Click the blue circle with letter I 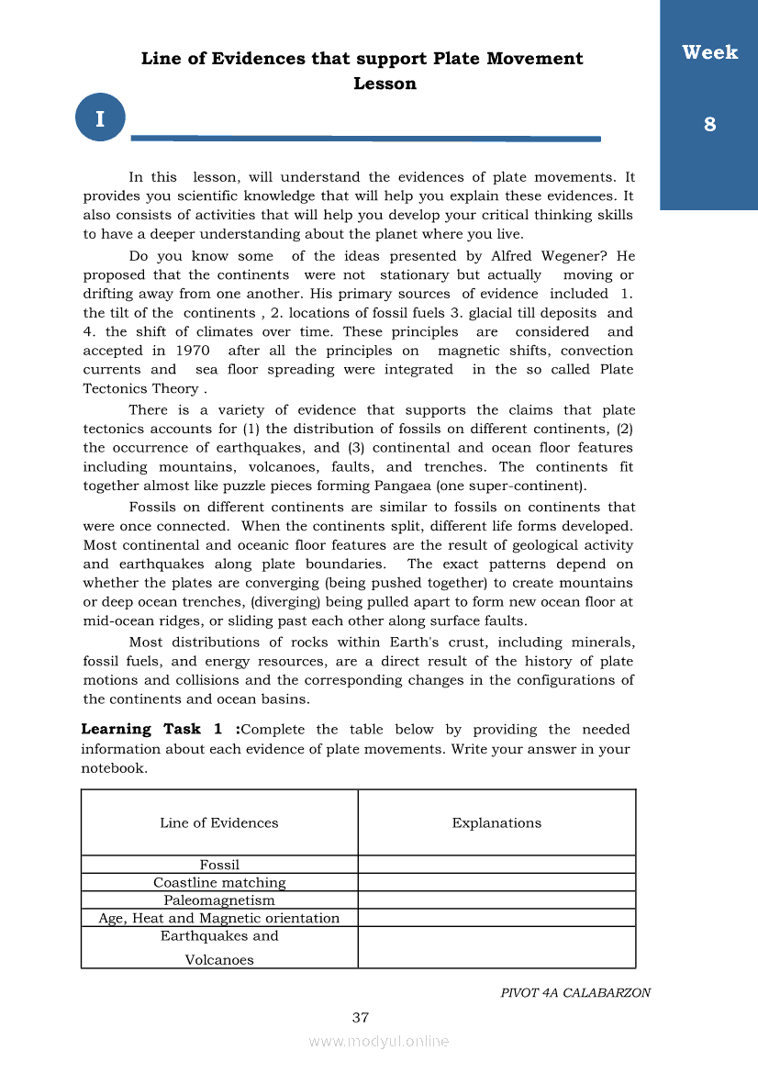(100, 117)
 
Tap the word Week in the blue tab (709, 52)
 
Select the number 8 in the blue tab (709, 124)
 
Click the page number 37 (361, 1017)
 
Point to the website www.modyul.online (379, 1041)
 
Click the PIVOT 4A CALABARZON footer (575, 992)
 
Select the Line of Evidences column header (219, 822)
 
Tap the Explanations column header (496, 822)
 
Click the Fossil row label (219, 865)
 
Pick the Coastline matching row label (219, 882)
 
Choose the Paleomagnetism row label (219, 900)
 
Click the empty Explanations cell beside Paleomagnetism (496, 900)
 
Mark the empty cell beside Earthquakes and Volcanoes (496, 947)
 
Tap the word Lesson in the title (385, 84)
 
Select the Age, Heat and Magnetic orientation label (219, 918)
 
